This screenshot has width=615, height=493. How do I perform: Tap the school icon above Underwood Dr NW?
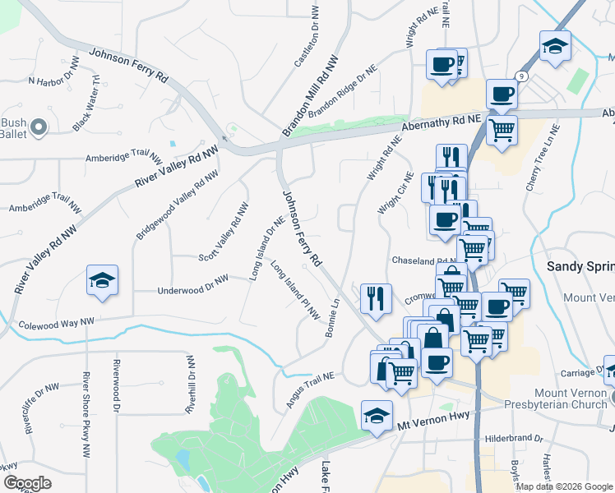(102, 281)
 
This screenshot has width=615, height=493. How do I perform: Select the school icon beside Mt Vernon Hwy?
(376, 416)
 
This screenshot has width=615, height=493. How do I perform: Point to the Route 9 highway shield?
(521, 76)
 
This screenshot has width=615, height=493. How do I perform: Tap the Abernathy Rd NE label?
(444, 124)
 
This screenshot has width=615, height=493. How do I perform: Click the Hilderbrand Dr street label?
(514, 439)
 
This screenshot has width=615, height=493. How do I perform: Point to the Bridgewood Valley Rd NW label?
(177, 205)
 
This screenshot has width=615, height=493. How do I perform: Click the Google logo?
(26, 483)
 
